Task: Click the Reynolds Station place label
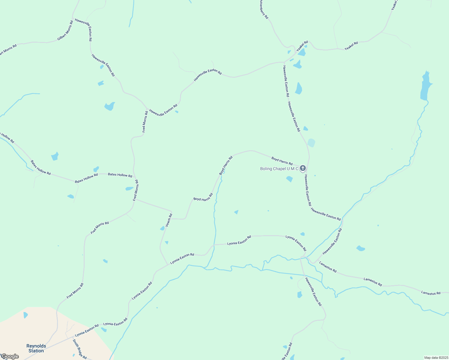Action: tap(36, 348)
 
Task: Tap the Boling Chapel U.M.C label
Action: tap(279, 169)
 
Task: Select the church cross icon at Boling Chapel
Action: tap(303, 168)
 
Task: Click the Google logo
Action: tap(10, 356)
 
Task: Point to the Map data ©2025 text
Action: tap(436, 357)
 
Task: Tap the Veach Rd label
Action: tap(169, 220)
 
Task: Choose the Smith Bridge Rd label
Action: tap(80, 349)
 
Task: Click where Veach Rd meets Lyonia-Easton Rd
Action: tap(167, 265)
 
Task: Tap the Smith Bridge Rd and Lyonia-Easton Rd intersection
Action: tap(72, 338)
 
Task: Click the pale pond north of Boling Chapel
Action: tap(312, 143)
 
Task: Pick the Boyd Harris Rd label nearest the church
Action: tap(282, 161)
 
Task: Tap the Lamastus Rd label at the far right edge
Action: tap(430, 293)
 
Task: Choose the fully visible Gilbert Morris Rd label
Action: tap(65, 31)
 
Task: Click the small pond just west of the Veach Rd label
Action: tap(162, 228)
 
